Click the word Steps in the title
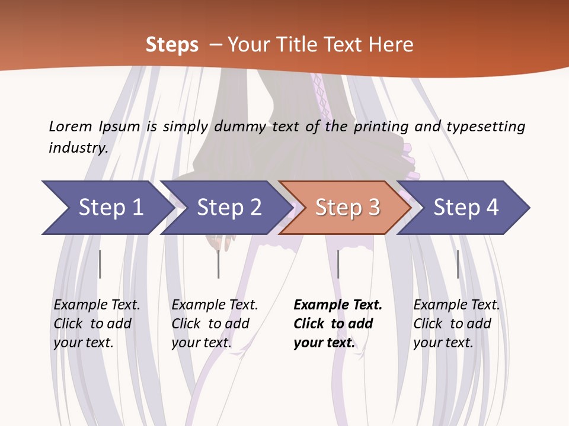pos(172,44)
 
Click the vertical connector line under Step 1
pos(100,264)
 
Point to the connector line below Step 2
pos(218,264)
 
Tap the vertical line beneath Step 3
pos(338,264)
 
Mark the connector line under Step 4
pos(458,264)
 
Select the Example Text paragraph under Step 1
pos(97,324)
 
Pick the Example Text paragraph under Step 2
pos(215,324)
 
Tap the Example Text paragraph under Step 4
pos(456,324)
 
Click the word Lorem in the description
pos(70,127)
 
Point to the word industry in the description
pos(78,148)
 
